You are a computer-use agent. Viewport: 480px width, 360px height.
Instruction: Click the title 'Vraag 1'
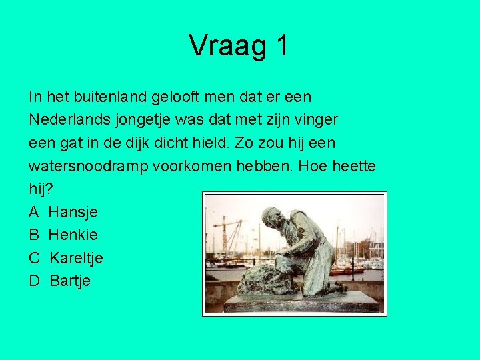click(239, 45)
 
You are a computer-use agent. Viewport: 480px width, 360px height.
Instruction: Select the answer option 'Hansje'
click(73, 212)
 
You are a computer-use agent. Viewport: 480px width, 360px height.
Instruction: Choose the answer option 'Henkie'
click(73, 235)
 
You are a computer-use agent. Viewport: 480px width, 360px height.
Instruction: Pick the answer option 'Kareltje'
click(76, 257)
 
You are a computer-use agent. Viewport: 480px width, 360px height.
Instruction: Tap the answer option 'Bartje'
click(70, 281)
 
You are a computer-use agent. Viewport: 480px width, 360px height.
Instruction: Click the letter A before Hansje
click(35, 212)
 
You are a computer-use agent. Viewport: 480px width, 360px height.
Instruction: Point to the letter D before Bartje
click(35, 281)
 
